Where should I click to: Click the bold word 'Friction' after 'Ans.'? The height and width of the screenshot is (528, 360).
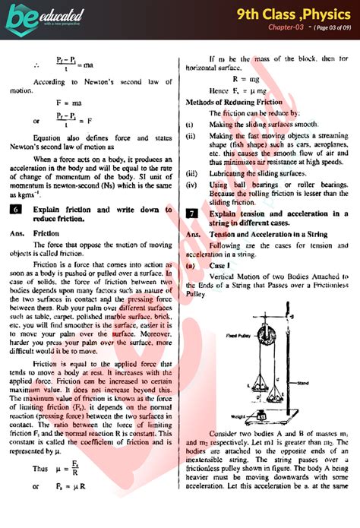46,234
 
